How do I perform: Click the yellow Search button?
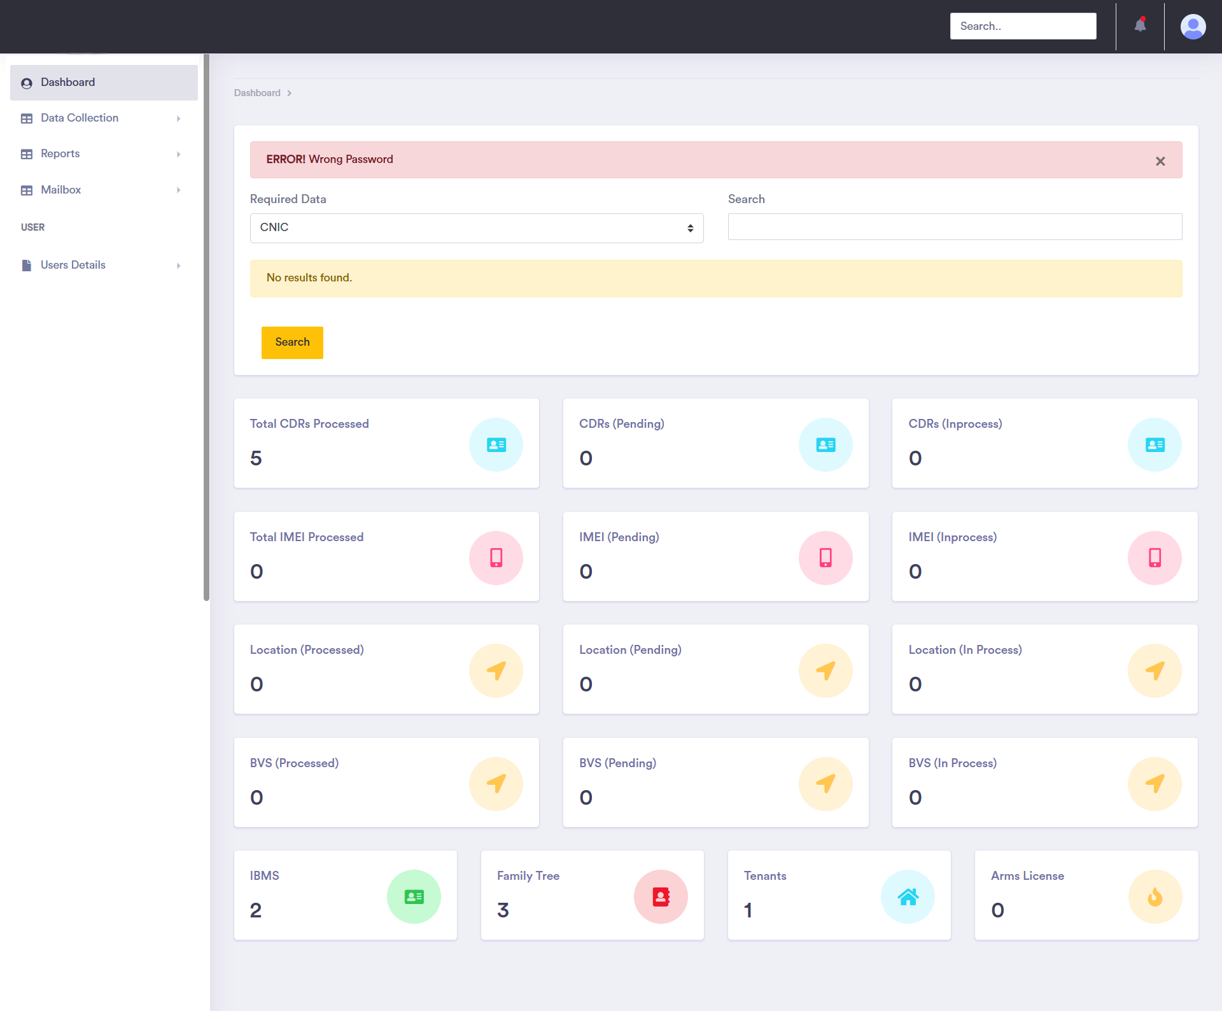pyautogui.click(x=292, y=343)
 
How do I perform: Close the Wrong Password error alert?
pyautogui.click(x=1160, y=161)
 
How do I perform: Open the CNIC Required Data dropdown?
pyautogui.click(x=476, y=228)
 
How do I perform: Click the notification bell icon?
pyautogui.click(x=1140, y=25)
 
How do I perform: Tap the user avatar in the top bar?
pyautogui.click(x=1193, y=27)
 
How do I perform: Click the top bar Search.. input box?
pyautogui.click(x=1023, y=26)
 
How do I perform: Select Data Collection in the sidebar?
pyautogui.click(x=80, y=118)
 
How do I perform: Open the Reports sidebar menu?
pyautogui.click(x=60, y=153)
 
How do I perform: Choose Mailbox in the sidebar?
pyautogui.click(x=61, y=190)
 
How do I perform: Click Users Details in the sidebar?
pyautogui.click(x=73, y=265)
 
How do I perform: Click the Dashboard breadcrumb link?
pyautogui.click(x=257, y=93)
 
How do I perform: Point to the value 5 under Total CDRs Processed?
pyautogui.click(x=256, y=458)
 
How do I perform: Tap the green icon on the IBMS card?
pyautogui.click(x=414, y=896)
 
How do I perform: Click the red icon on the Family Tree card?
pyautogui.click(x=661, y=896)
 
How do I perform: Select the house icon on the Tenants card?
pyautogui.click(x=908, y=896)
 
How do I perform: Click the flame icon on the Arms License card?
pyautogui.click(x=1155, y=896)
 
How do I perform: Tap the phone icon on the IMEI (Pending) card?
pyautogui.click(x=825, y=558)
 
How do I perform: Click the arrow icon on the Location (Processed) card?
pyautogui.click(x=496, y=670)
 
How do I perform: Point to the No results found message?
pyautogui.click(x=309, y=278)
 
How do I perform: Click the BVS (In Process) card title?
pyautogui.click(x=952, y=763)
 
